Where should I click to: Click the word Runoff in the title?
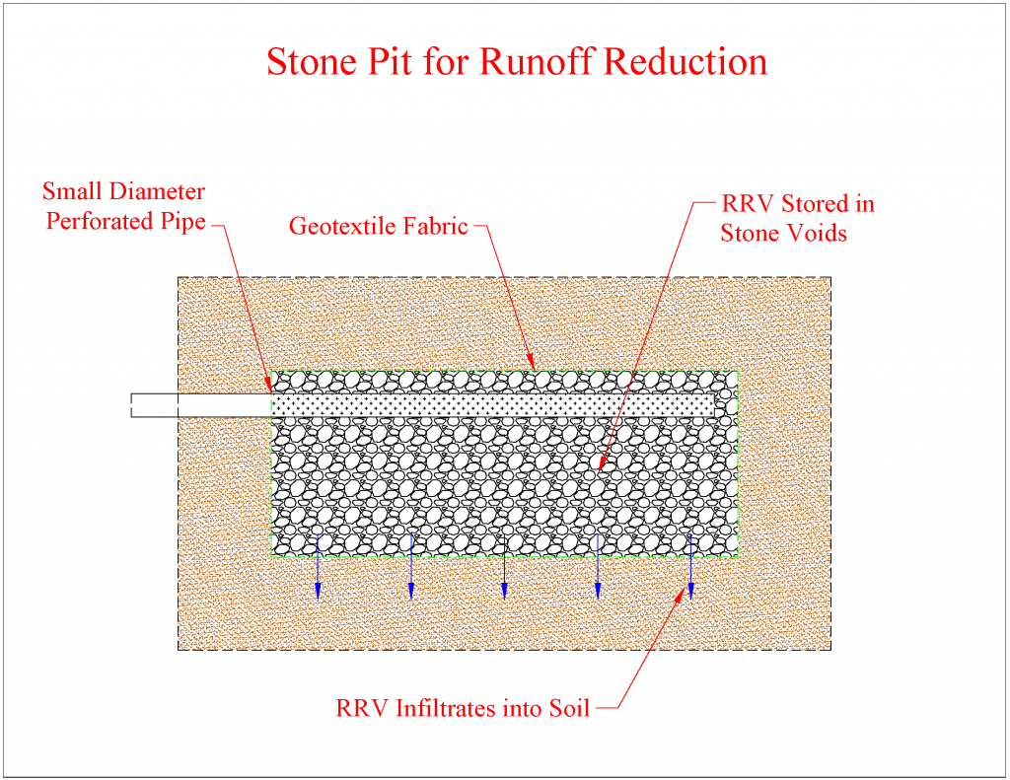coord(538,61)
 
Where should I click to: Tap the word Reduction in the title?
coord(685,61)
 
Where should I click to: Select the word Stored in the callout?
coord(813,204)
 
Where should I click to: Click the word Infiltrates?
coord(457,708)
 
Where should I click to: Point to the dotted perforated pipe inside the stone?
coord(493,404)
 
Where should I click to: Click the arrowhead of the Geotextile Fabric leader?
coord(532,366)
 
